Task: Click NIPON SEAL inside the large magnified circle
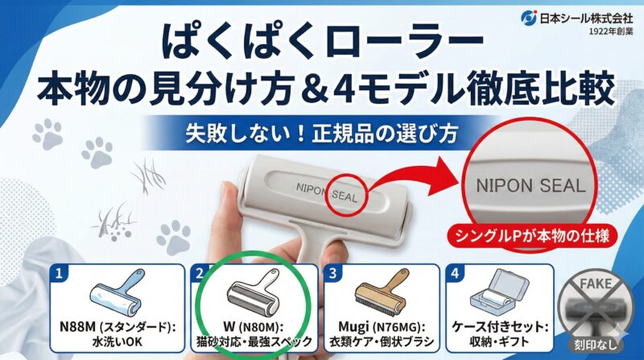click(530, 184)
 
